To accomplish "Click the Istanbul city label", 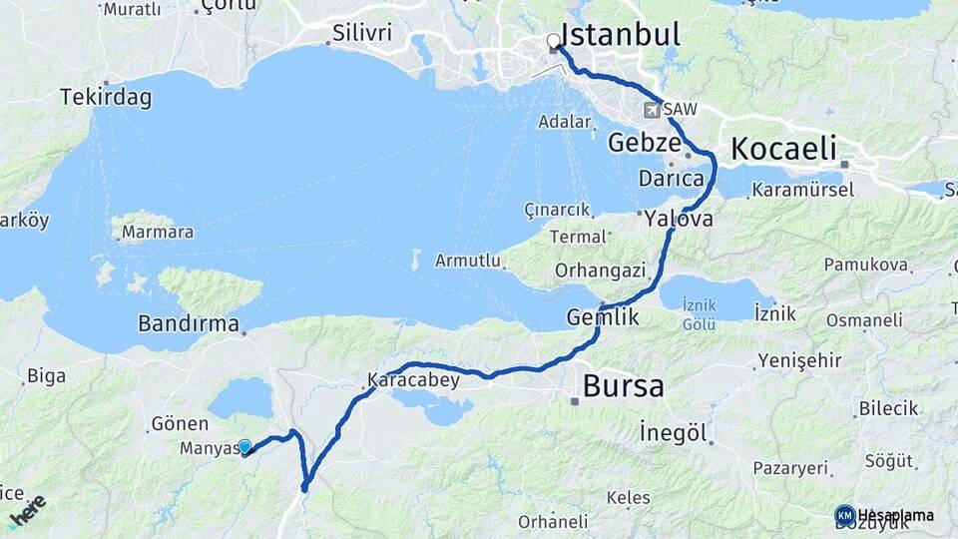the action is click(621, 35).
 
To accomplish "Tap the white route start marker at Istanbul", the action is click(553, 42).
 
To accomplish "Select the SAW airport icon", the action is click(654, 110).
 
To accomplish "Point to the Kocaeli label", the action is click(783, 149).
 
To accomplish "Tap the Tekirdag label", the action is click(106, 98).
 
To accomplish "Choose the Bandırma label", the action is click(189, 324).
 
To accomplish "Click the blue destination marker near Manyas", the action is click(244, 447).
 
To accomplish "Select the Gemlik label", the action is click(602, 317).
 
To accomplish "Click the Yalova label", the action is click(679, 219).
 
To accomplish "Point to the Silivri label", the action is click(361, 34).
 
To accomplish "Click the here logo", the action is click(27, 510).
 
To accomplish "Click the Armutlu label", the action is click(466, 262).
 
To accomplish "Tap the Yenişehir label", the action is click(799, 360).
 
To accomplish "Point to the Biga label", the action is click(46, 375).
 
